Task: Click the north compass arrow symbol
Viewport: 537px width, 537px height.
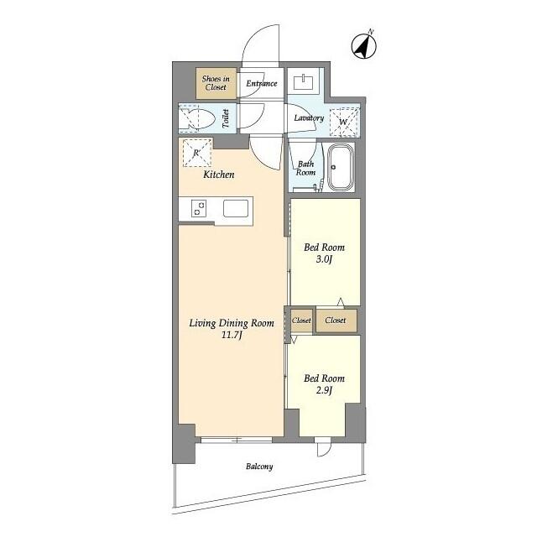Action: coord(364,45)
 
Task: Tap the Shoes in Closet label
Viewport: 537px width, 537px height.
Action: coord(216,83)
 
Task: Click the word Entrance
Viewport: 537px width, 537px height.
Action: coord(262,83)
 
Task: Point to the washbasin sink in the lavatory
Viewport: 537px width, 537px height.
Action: coord(304,82)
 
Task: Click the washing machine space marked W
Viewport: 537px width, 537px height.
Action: coord(344,121)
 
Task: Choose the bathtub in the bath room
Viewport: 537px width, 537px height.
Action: coord(341,167)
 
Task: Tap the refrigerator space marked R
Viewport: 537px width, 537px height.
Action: coord(196,153)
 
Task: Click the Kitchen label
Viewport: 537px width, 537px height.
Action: coord(219,175)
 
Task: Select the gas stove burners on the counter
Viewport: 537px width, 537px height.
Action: coord(199,209)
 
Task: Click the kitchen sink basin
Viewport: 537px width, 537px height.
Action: coord(236,208)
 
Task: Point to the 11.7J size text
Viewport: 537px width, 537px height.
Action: coord(232,335)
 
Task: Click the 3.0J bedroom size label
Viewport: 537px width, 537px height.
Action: coord(324,259)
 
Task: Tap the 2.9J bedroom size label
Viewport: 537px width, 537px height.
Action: coord(324,390)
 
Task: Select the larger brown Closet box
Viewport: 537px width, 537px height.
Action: coord(336,321)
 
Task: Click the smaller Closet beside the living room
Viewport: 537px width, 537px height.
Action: coord(301,321)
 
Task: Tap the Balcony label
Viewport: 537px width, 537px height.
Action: coord(259,467)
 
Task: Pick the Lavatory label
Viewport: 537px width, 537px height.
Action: coord(309,118)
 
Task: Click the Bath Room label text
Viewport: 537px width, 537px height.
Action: coord(305,169)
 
